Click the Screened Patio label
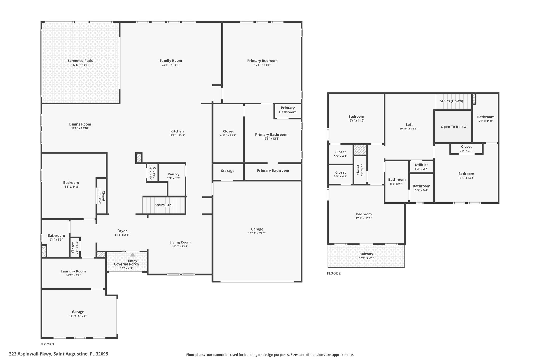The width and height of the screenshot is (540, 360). tap(80, 61)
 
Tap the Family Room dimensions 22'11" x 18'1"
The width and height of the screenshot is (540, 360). tap(171, 65)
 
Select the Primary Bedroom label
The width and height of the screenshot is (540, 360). tap(262, 61)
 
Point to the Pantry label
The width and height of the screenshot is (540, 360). tap(173, 174)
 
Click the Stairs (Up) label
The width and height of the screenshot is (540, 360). tap(163, 205)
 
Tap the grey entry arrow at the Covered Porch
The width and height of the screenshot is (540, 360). tap(133, 255)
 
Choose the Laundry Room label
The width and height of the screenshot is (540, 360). tap(73, 271)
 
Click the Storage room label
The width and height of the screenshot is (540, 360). tap(228, 171)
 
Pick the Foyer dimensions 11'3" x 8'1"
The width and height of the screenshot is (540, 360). tap(122, 235)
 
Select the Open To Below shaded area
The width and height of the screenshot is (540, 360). tap(453, 127)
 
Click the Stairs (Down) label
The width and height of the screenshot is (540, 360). tap(451, 101)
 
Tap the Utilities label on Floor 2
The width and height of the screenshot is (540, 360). tap(421, 165)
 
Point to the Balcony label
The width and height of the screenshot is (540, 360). tap(366, 254)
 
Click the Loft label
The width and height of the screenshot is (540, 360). tap(409, 125)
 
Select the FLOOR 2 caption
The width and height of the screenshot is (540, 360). tap(334, 273)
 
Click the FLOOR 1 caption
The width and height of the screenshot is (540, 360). tap(47, 344)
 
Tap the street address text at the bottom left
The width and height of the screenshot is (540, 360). tap(59, 354)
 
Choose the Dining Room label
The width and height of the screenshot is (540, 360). tap(80, 124)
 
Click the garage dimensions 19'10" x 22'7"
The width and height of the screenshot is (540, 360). tap(257, 233)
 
